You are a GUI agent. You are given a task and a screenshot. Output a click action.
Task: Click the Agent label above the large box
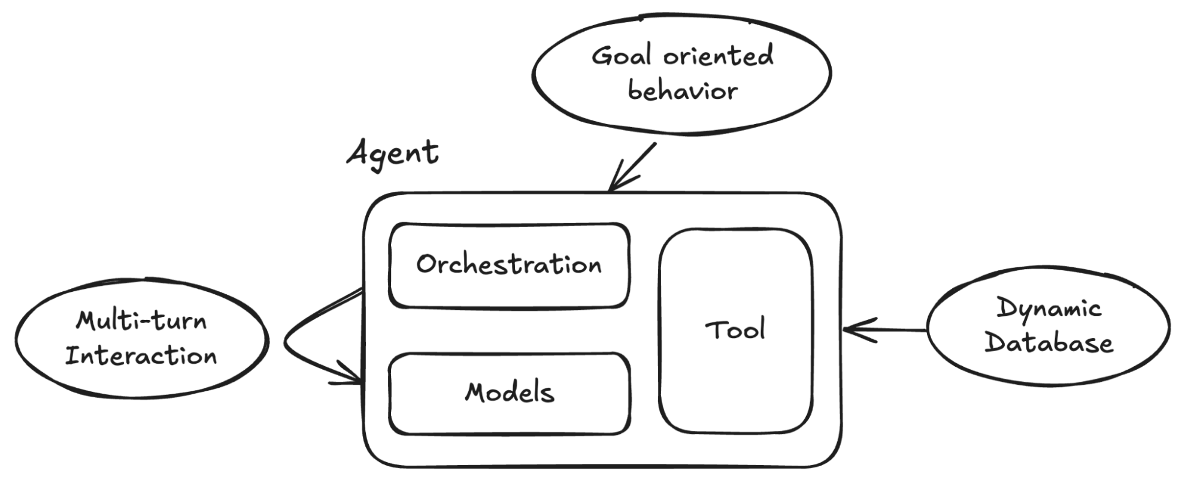393,153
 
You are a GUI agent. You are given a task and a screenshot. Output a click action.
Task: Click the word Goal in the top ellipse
620,56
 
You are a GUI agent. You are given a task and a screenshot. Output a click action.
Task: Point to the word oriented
718,55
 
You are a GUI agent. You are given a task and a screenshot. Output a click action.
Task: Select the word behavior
682,91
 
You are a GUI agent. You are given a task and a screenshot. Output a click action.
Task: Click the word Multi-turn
141,321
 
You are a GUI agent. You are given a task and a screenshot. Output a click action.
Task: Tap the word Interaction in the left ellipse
141,356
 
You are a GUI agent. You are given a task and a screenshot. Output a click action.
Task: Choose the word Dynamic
1048,309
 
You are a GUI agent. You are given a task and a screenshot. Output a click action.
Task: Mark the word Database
1048,343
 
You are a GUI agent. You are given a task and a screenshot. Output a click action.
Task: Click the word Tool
735,330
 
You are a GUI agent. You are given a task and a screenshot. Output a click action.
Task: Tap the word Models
510,393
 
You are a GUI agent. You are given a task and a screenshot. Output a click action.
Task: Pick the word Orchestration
509,264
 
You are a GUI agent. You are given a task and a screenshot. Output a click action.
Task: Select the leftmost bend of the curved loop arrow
285,344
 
